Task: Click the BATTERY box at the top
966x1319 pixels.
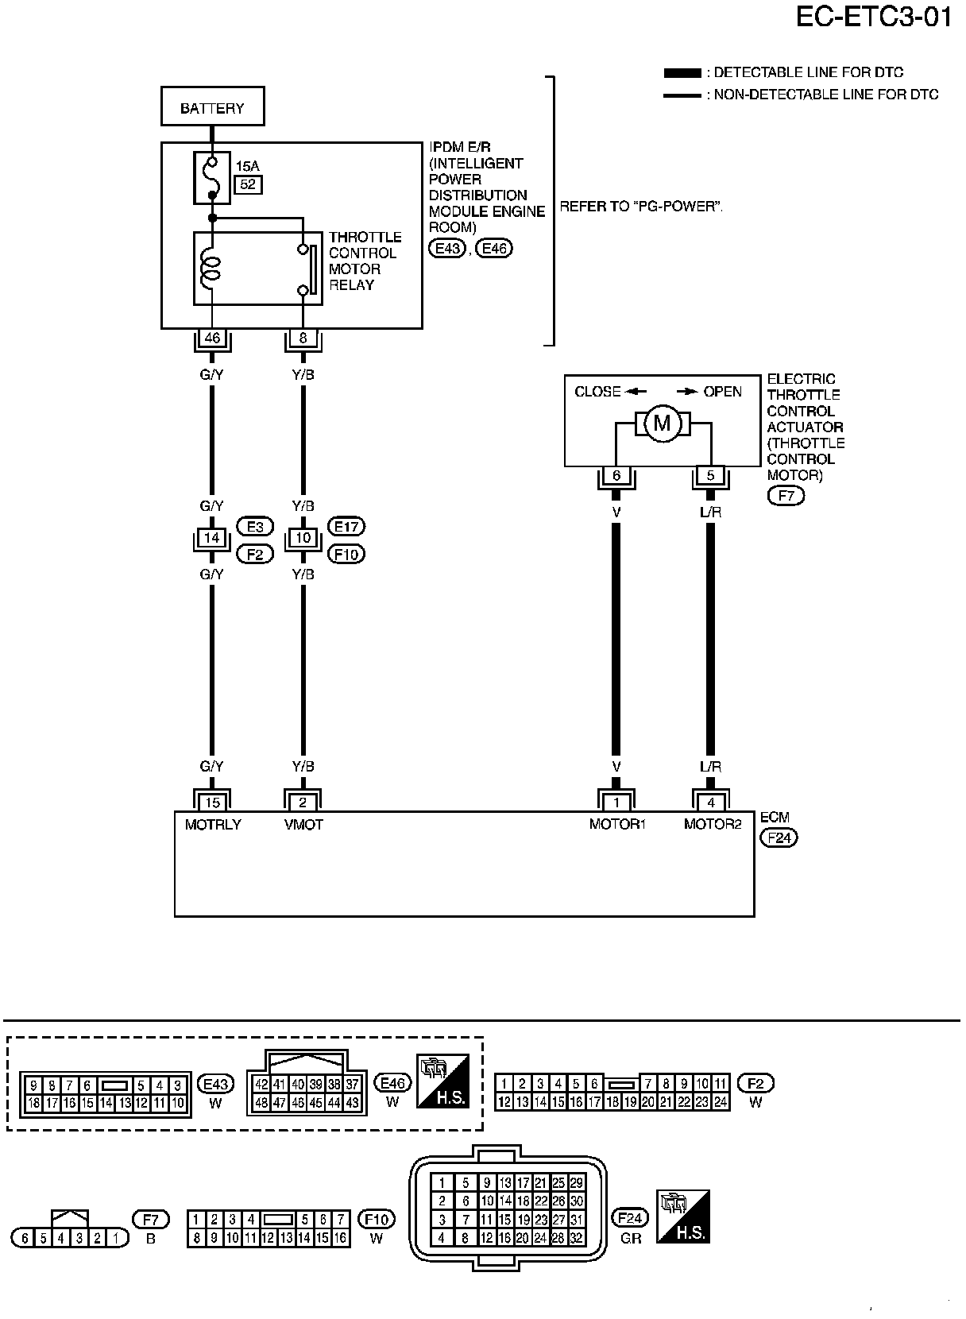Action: pyautogui.click(x=213, y=106)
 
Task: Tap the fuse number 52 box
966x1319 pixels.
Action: pyautogui.click(x=248, y=185)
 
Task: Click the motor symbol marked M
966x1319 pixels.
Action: pyautogui.click(x=663, y=423)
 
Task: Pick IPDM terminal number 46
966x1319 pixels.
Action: pyautogui.click(x=212, y=338)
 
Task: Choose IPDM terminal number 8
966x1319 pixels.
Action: pyautogui.click(x=303, y=338)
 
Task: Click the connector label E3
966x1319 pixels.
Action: pyautogui.click(x=255, y=527)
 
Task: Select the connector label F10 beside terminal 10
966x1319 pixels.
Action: pyautogui.click(x=346, y=554)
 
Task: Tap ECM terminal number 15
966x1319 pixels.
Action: pyautogui.click(x=212, y=802)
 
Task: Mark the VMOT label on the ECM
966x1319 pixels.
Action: pyautogui.click(x=303, y=825)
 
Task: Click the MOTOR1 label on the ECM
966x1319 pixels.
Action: pyautogui.click(x=617, y=824)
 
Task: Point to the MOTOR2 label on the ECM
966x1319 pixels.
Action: pyautogui.click(x=713, y=824)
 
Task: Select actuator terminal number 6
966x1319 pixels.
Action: pyautogui.click(x=616, y=475)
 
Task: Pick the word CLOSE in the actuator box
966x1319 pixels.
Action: pyautogui.click(x=597, y=392)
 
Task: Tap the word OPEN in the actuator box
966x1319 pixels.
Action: pyautogui.click(x=723, y=392)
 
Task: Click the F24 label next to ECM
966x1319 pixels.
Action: pyautogui.click(x=779, y=837)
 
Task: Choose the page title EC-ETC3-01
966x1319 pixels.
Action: pyautogui.click(x=874, y=17)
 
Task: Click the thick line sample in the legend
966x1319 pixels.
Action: pyautogui.click(x=682, y=73)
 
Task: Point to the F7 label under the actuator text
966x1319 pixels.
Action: pyautogui.click(x=786, y=496)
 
